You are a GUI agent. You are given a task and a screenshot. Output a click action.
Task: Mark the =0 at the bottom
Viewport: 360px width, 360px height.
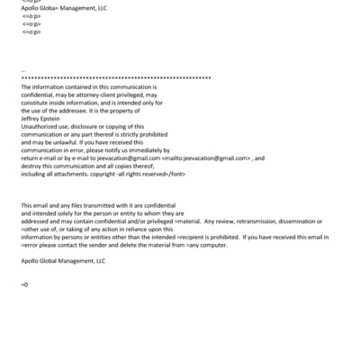pyautogui.click(x=24, y=285)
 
